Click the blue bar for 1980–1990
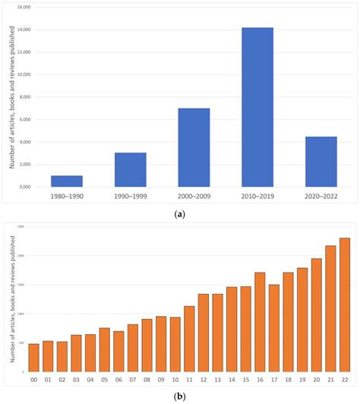coord(66,181)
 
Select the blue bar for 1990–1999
coord(130,169)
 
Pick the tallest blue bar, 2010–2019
coord(257,107)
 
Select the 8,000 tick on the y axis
coord(25,97)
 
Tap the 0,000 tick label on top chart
coord(25,187)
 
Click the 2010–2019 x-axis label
coord(257,195)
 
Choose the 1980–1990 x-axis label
coord(66,195)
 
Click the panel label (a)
coord(180,213)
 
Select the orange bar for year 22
coord(345,303)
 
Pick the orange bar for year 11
coord(189,337)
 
